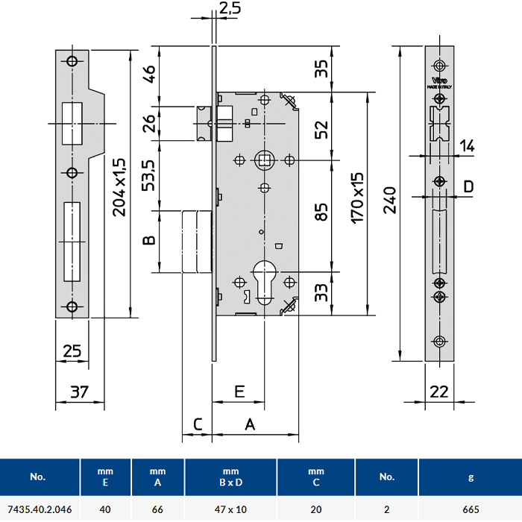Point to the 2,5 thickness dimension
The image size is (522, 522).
click(229, 10)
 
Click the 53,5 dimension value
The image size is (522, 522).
click(149, 176)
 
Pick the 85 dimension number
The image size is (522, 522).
click(321, 213)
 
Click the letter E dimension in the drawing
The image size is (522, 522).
click(239, 391)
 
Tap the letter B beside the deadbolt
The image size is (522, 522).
click(148, 241)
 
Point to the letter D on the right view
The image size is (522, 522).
click(468, 186)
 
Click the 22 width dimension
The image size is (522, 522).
click(439, 391)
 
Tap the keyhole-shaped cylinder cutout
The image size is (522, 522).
click(263, 275)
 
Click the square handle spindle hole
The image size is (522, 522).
click(262, 159)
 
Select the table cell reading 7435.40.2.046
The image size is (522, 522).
click(39, 511)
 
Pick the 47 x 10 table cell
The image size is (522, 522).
click(230, 511)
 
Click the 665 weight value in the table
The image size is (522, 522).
click(471, 511)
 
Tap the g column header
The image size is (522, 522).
click(471, 477)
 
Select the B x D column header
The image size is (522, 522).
click(230, 482)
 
